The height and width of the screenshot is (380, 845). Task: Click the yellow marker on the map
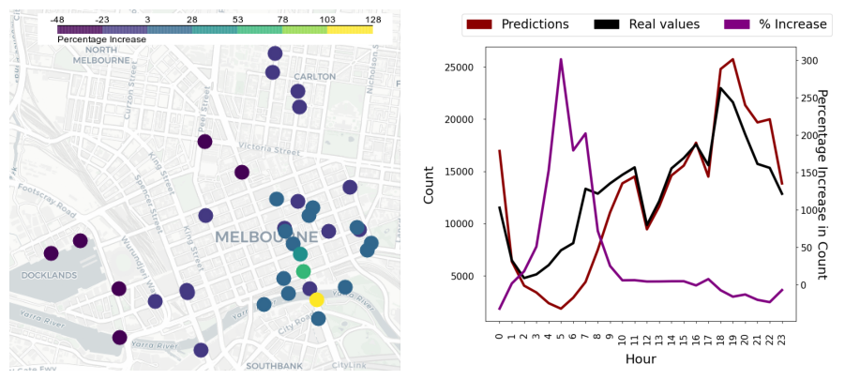pyautogui.click(x=317, y=299)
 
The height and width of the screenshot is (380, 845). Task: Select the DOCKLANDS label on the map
pyautogui.click(x=47, y=275)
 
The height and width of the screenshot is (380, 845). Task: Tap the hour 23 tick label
pyautogui.click(x=782, y=338)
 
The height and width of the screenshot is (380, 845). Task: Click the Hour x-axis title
pyautogui.click(x=641, y=359)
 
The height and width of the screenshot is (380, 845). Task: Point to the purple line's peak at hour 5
pyautogui.click(x=561, y=59)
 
